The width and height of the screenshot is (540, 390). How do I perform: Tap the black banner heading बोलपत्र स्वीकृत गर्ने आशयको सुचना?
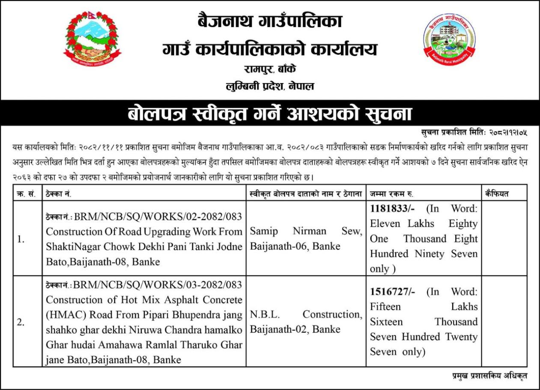pyautogui.click(x=270, y=114)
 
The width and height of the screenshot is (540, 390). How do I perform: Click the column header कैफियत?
pyautogui.click(x=497, y=194)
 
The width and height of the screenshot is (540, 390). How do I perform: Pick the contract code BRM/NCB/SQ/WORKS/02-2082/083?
pyautogui.click(x=158, y=216)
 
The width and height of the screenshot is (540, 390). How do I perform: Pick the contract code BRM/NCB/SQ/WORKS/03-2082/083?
pyautogui.click(x=158, y=285)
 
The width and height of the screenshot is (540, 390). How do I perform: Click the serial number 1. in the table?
pyautogui.click(x=20, y=240)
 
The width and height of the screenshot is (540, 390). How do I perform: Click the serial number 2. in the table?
pyautogui.click(x=20, y=322)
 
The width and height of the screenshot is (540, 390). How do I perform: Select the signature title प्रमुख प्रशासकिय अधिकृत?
pyautogui.click(x=490, y=376)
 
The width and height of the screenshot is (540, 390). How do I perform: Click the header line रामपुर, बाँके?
pyautogui.click(x=270, y=69)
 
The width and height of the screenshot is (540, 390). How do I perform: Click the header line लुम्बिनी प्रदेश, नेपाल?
pyautogui.click(x=270, y=86)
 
